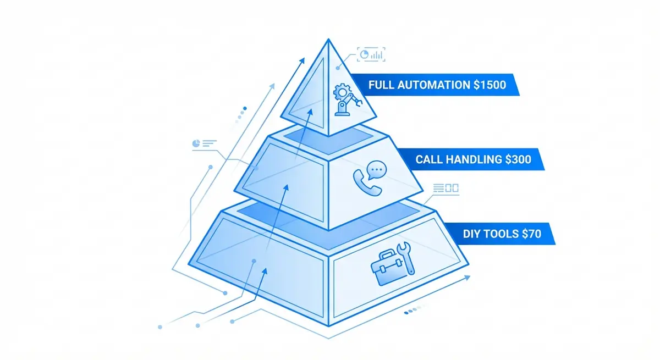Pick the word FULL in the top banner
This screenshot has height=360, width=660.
381,86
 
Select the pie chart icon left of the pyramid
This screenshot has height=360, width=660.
196,143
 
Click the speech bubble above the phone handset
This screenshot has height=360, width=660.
376,170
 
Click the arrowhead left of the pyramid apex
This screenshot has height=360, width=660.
304,59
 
